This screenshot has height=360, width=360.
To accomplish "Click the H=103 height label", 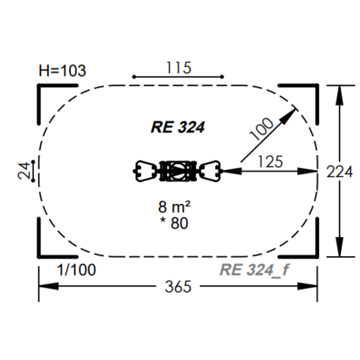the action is (62, 71).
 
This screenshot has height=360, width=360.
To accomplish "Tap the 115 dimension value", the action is (179, 68).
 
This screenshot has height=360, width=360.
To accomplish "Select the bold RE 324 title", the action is (177, 128).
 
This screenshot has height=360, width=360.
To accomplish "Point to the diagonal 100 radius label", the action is (262, 128).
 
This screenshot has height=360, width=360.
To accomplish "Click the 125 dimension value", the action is (270, 161).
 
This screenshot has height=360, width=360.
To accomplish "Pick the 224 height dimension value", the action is (340, 172).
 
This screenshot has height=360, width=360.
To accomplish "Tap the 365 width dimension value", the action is (178, 287).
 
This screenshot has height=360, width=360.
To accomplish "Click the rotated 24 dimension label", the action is (24, 171).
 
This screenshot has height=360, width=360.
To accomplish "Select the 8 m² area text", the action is (174, 206).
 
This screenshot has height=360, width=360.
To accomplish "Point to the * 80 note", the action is (174, 223).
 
